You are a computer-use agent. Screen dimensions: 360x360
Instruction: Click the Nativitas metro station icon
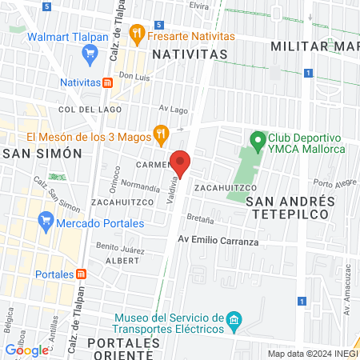point(107,82)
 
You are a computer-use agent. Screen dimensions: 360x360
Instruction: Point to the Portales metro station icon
point(81,274)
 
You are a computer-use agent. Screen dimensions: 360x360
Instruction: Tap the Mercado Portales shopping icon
point(46,219)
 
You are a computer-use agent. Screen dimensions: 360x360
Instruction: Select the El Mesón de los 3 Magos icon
point(161,134)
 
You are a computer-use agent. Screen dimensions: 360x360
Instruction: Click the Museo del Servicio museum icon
point(234,322)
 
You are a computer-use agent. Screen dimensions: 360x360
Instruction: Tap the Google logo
point(26,350)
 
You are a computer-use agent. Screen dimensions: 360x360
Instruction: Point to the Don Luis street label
point(134,77)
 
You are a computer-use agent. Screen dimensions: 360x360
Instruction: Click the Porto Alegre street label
point(332,182)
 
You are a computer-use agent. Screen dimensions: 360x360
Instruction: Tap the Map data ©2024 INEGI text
point(310,354)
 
